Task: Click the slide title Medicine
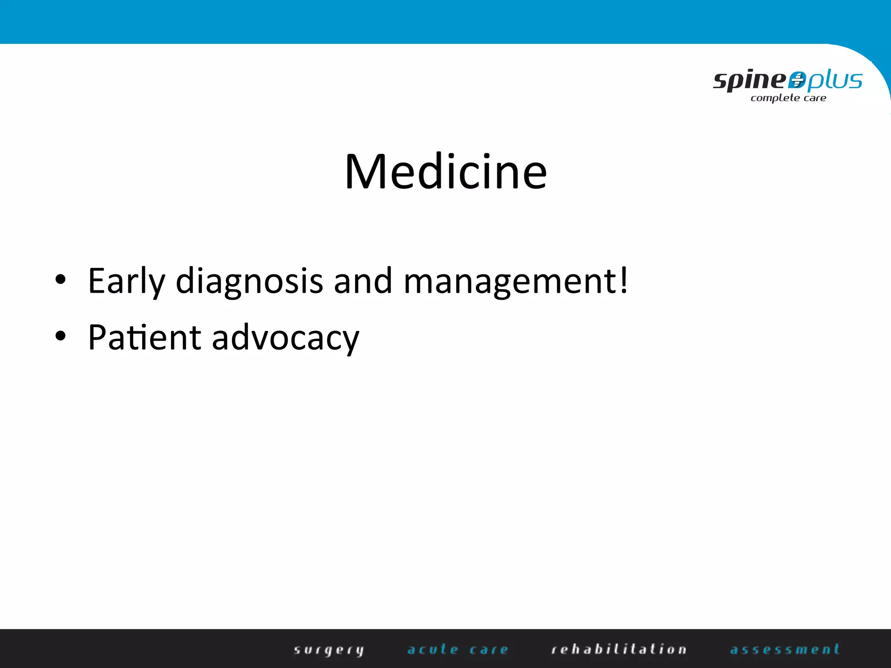[x=445, y=172]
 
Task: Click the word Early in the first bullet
[x=126, y=281]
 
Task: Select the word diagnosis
[x=249, y=281]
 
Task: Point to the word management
[x=509, y=281]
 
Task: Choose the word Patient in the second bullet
[x=144, y=337]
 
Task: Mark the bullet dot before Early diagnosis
[x=60, y=281]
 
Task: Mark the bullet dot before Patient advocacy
[x=60, y=336]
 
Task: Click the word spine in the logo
[x=749, y=80]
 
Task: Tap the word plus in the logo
[x=834, y=80]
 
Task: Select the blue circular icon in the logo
[x=797, y=80]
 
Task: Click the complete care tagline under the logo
[x=788, y=98]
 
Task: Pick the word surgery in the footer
[x=328, y=650]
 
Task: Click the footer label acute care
[x=458, y=650]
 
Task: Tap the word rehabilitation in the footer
[x=619, y=649]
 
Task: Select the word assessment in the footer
[x=785, y=649]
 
